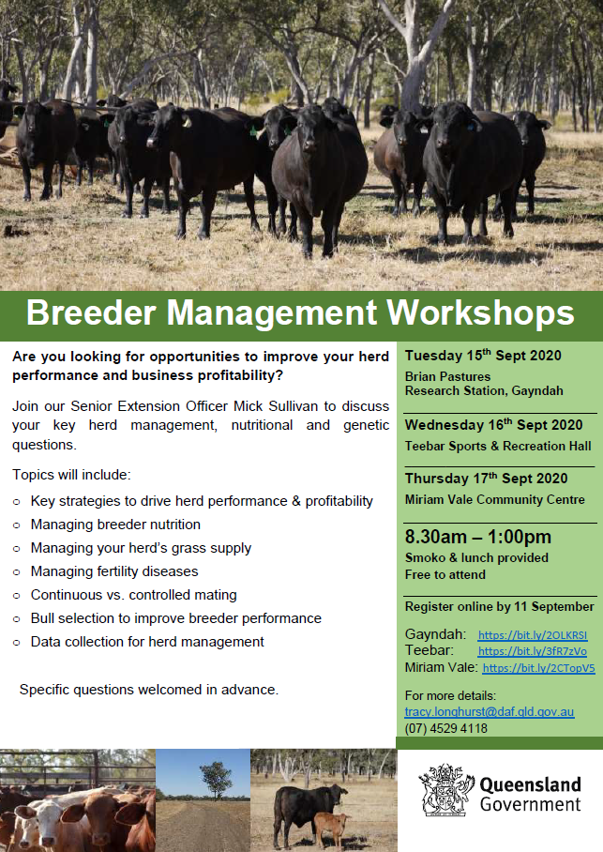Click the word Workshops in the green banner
tap(480, 313)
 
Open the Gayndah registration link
tap(533, 634)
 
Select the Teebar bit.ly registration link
tap(533, 651)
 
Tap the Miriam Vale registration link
tap(538, 668)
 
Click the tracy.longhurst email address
tap(490, 711)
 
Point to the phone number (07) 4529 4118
tap(446, 728)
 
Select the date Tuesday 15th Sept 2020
tap(483, 356)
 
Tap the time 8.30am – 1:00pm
tap(478, 537)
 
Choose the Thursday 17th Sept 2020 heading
tap(486, 479)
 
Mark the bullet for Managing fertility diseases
tap(17, 572)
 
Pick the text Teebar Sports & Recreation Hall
tap(498, 446)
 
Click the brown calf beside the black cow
tap(330, 829)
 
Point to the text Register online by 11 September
tap(499, 606)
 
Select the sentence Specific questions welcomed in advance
tap(149, 690)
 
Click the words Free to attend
tap(445, 574)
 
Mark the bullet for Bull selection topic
tap(17, 619)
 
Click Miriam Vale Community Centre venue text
tap(495, 499)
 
